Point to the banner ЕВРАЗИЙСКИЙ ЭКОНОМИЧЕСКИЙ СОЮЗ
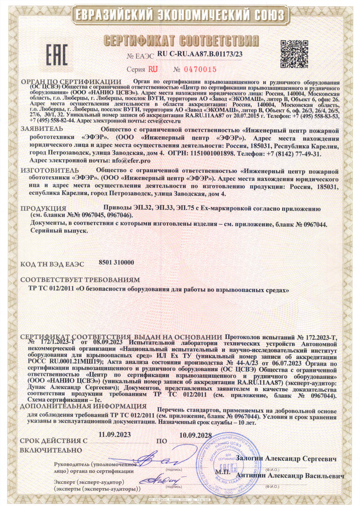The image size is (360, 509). (x=180, y=15)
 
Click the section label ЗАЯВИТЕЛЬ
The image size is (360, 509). (x=42, y=129)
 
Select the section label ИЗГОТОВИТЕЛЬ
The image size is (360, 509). (x=47, y=171)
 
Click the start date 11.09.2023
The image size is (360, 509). (x=115, y=434)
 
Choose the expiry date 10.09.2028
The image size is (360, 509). (x=196, y=434)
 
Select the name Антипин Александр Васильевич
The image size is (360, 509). (x=291, y=476)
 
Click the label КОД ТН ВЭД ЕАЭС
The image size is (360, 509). (x=52, y=264)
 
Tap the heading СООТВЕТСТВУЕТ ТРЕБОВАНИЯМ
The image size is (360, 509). (x=80, y=280)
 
